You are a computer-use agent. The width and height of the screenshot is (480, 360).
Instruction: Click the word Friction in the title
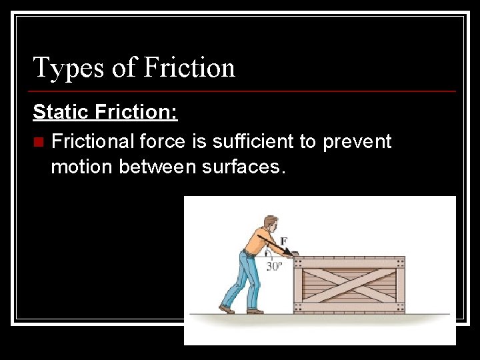point(189,68)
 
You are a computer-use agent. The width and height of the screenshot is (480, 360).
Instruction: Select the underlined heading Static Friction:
point(105,111)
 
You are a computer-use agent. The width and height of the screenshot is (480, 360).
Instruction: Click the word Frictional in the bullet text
point(93,141)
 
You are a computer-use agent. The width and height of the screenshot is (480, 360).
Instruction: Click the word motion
point(82,167)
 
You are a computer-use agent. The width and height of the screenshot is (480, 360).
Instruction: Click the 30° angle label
point(275,266)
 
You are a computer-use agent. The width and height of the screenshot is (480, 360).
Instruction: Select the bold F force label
point(284,241)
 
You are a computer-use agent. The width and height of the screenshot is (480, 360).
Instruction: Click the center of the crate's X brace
point(349,285)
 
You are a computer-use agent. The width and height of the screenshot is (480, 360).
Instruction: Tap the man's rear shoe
point(227,309)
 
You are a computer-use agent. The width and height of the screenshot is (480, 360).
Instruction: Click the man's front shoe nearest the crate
point(255,310)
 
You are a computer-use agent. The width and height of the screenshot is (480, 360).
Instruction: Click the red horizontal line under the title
point(244,91)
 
